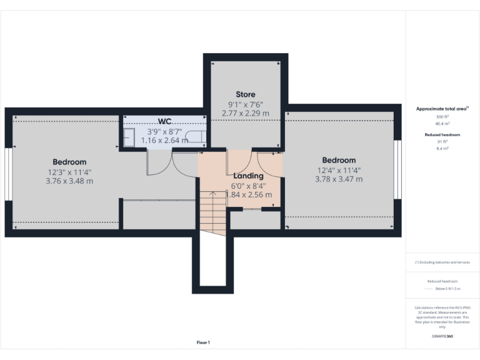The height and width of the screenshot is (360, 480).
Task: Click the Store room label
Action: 245,94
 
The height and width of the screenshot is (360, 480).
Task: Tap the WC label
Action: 165,121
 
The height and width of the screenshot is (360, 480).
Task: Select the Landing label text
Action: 248,176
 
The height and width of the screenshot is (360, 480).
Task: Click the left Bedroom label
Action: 69,162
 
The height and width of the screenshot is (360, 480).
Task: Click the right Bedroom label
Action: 339,160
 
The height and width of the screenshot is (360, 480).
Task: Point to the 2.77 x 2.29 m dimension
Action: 245,113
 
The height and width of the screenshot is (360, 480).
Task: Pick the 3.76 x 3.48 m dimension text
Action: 69,181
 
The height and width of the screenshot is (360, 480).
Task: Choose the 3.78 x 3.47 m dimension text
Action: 339,179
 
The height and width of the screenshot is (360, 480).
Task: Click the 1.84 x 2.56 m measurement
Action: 248,194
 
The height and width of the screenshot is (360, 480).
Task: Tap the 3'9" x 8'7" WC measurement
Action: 164,132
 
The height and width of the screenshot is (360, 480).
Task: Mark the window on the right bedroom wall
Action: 397,169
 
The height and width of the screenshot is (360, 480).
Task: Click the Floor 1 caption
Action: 203,342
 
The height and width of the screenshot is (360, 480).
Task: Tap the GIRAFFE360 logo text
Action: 442,336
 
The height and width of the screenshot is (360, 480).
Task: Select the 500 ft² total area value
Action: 442,117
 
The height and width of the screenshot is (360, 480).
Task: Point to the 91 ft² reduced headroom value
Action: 442,142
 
